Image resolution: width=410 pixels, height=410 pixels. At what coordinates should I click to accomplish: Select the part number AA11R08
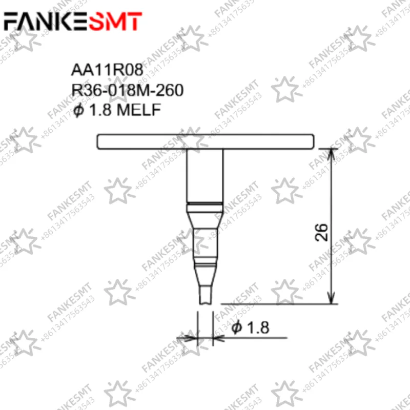tap(107, 70)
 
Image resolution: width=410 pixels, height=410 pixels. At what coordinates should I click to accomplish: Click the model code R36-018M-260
tap(127, 90)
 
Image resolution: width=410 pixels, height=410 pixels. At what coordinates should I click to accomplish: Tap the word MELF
tap(138, 110)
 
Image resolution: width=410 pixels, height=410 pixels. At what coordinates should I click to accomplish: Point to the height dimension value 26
tap(321, 233)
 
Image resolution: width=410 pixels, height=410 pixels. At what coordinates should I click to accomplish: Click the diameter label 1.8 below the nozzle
tap(258, 327)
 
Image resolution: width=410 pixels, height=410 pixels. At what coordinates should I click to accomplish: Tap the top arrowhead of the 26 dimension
tap(331, 154)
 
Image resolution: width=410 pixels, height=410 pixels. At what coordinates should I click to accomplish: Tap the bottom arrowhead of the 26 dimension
tap(331, 298)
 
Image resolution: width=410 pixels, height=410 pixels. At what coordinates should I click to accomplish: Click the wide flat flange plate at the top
tap(206, 142)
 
